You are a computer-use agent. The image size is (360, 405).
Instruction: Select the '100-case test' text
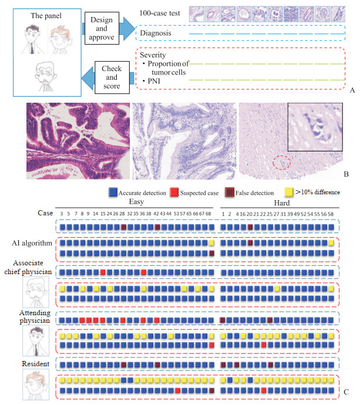point(160,12)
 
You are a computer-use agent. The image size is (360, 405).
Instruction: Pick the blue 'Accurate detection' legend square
point(112,191)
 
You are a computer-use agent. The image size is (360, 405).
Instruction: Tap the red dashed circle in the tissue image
point(282,163)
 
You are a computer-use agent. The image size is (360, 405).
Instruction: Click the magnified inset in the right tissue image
point(314,127)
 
